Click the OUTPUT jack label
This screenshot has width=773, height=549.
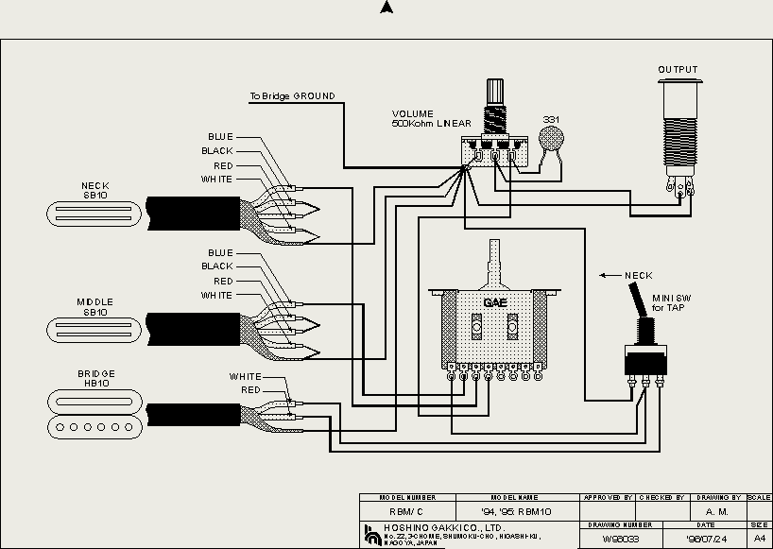[678, 70]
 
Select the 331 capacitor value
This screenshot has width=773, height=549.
[551, 120]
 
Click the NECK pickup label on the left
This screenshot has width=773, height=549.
[95, 185]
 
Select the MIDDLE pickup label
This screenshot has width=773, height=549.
[95, 302]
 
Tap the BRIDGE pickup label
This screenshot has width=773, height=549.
[96, 373]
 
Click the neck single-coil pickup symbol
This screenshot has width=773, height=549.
[95, 212]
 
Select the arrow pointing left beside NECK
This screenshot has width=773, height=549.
[610, 276]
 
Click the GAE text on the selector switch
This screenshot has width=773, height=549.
[495, 303]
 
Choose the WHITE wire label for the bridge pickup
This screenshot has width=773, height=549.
[245, 377]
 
